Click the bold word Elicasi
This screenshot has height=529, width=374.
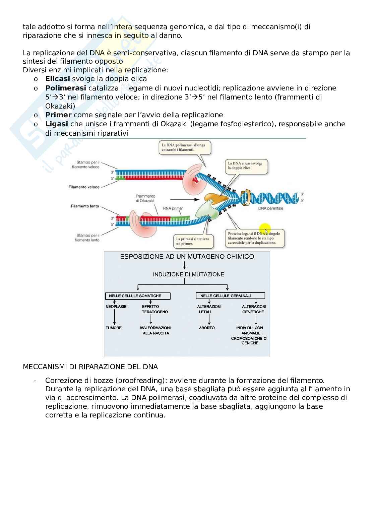coord(57,79)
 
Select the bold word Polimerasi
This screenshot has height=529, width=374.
coord(66,88)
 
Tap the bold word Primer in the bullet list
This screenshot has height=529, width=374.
coord(58,115)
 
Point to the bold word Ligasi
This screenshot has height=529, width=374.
coord(57,124)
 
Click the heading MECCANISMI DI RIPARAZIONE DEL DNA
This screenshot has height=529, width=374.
coord(90,367)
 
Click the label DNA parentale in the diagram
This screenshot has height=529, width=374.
coord(271,208)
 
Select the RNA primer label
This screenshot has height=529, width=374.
coord(173,208)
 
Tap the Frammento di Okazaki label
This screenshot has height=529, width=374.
coord(145,198)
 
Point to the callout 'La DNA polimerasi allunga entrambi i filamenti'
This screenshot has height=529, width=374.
coord(185,147)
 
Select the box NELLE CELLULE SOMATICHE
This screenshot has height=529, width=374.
coord(137,296)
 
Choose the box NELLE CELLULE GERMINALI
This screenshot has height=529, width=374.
coord(230,296)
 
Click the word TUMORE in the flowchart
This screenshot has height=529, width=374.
coord(114,328)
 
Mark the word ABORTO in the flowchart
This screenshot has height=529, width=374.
coord(207,328)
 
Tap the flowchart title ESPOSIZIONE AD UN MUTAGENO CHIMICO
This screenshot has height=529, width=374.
coord(187,257)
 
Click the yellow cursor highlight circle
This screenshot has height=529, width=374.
coord(265,229)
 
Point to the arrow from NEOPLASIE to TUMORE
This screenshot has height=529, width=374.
coord(115,317)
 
